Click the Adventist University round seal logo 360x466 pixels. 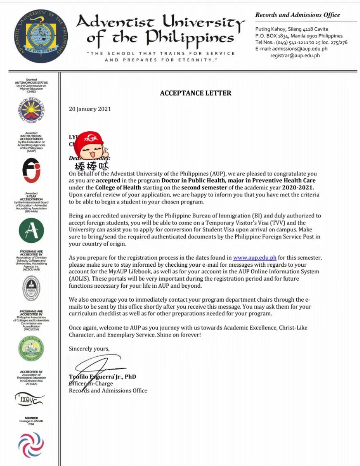[x=41, y=36]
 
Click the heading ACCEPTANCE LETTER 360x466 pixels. [x=195, y=93]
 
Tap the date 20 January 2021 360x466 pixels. [x=90, y=109]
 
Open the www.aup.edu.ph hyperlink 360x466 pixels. [x=255, y=258]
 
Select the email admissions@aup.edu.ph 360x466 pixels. [x=300, y=49]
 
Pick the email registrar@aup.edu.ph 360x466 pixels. [x=295, y=56]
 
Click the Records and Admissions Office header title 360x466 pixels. [x=297, y=15]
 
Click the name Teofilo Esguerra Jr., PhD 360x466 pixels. [x=102, y=377]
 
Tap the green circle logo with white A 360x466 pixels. [x=31, y=230]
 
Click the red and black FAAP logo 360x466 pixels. [x=31, y=171]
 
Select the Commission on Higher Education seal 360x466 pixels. [x=31, y=110]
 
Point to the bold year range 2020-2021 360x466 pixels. [x=298, y=187]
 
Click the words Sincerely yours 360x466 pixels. [x=89, y=349]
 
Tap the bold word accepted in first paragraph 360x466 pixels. [x=108, y=180]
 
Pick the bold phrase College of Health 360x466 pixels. [x=118, y=187]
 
